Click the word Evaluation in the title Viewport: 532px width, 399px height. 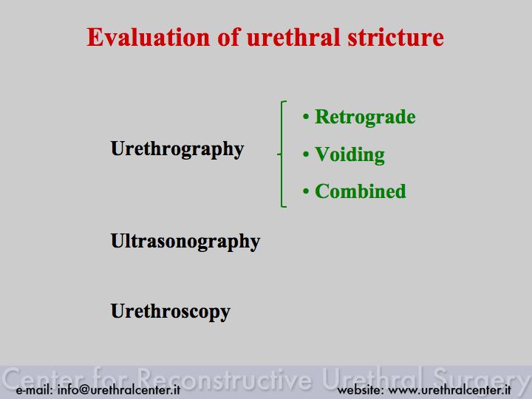click(x=149, y=37)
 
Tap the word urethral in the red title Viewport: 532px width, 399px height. click(x=293, y=37)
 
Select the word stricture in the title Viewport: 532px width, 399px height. click(x=395, y=37)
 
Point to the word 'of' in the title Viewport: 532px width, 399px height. click(x=229, y=37)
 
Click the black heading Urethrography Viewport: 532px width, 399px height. click(x=177, y=149)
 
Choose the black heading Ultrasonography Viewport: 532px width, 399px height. click(x=185, y=242)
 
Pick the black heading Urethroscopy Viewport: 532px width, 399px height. click(x=171, y=312)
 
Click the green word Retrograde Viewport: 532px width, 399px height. click(x=365, y=117)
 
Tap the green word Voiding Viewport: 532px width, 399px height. click(x=349, y=155)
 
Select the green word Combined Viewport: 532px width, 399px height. click(x=361, y=191)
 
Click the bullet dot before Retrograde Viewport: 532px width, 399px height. click(x=306, y=117)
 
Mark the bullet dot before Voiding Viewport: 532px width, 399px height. click(x=306, y=154)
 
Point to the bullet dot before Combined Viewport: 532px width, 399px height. click(x=306, y=191)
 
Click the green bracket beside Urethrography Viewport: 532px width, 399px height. click(x=282, y=154)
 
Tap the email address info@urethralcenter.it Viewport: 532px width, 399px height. click(x=119, y=389)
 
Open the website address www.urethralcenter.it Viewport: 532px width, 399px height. click(x=449, y=389)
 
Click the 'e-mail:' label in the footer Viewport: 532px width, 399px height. click(x=35, y=389)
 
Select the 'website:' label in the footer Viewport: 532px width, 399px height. click(x=361, y=389)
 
